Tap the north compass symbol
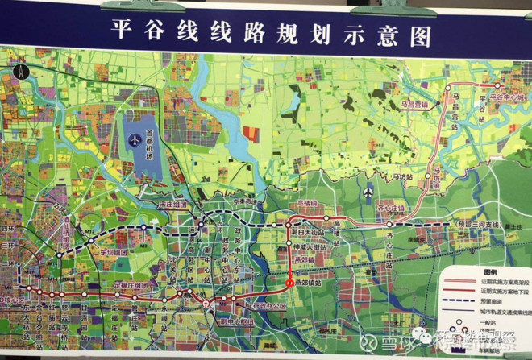[22, 71]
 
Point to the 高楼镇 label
[307, 205]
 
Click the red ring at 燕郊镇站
[289, 283]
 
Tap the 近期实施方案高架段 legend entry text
[493, 283]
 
